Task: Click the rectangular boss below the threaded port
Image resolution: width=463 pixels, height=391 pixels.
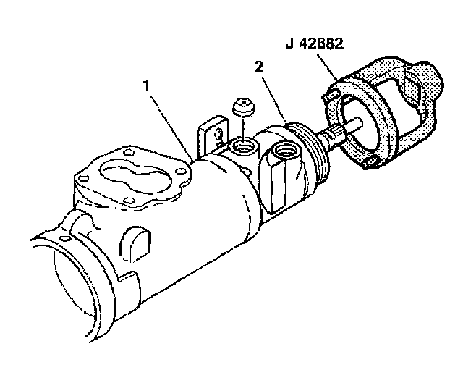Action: click(x=286, y=181)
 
